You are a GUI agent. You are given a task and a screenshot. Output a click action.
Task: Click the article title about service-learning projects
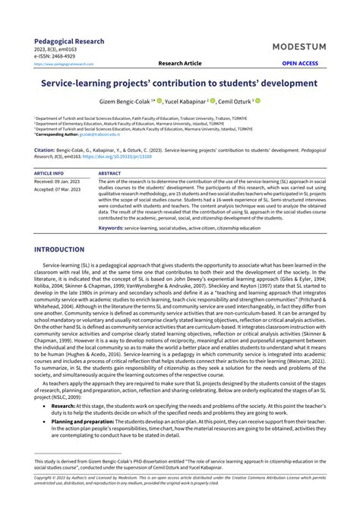click(x=180, y=81)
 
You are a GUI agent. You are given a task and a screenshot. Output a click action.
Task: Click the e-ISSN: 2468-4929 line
click(x=56, y=56)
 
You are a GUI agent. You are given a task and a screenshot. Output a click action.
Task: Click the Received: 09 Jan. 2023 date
click(x=59, y=182)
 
